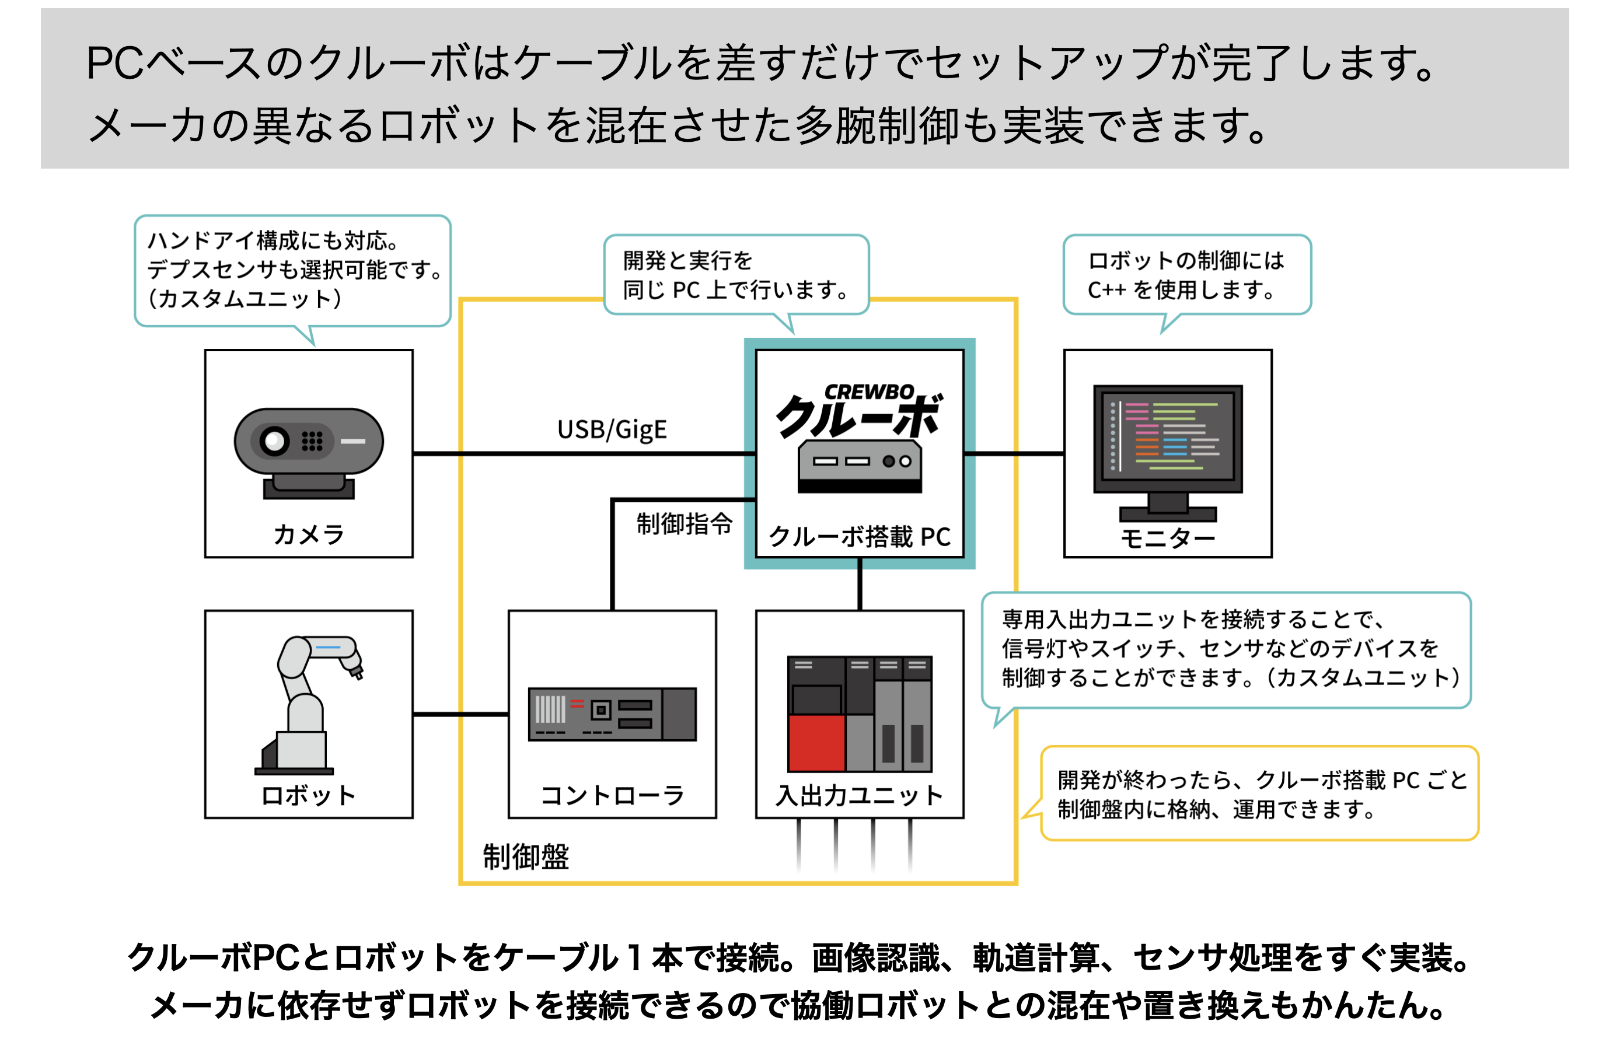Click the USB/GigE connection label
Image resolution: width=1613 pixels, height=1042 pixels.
click(612, 429)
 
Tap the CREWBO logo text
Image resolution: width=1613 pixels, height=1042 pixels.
click(870, 391)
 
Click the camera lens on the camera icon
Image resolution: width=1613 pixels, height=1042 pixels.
click(275, 441)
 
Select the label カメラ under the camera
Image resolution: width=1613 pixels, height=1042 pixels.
click(309, 534)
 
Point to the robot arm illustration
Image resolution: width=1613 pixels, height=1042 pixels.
click(309, 704)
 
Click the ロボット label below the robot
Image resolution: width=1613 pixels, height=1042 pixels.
click(309, 795)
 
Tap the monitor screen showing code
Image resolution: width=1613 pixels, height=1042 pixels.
click(1168, 437)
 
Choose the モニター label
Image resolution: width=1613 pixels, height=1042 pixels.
click(1168, 538)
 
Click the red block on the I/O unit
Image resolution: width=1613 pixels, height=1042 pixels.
click(816, 743)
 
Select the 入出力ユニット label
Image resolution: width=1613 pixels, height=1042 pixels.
click(859, 795)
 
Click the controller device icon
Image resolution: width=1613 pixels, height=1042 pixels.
click(612, 714)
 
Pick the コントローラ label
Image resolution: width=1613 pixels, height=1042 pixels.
click(612, 795)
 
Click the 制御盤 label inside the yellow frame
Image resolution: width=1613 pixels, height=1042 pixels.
click(526, 856)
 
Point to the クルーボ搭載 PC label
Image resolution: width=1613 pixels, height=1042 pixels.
click(859, 537)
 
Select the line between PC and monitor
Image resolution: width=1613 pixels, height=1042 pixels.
click(1014, 453)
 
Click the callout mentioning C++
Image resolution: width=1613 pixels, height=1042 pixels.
click(1187, 275)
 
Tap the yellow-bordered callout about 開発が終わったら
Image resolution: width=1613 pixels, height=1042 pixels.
click(1258, 793)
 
